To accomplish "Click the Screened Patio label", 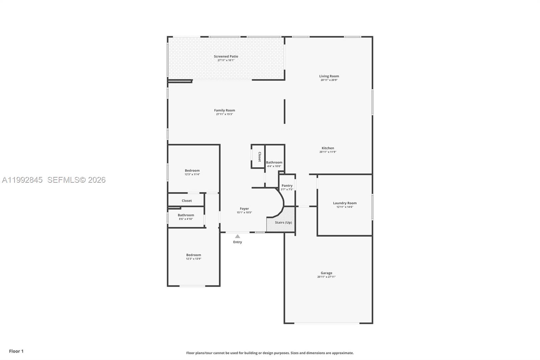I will tap(226, 56).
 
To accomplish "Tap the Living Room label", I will tap(329, 76).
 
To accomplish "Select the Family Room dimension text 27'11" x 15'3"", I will tap(224, 114).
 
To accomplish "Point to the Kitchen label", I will tap(328, 148).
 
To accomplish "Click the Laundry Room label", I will tap(345, 203).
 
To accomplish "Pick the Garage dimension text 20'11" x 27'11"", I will tap(326, 277).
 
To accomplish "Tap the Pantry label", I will tap(287, 185).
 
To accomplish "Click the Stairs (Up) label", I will tap(283, 223).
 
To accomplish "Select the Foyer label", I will tap(244, 209).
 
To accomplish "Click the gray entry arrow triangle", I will tap(238, 236).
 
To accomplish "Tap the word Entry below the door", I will tap(238, 242).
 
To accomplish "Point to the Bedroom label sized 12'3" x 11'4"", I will tap(192, 171).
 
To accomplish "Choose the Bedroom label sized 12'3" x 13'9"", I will tap(193, 255).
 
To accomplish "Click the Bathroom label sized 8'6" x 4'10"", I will tap(186, 215).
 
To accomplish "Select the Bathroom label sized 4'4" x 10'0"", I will tap(274, 162).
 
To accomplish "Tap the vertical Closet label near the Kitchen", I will tap(260, 157).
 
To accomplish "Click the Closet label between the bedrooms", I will tap(187, 201).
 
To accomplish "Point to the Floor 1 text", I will tap(16, 351).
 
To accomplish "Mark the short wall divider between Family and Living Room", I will tap(285, 111).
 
